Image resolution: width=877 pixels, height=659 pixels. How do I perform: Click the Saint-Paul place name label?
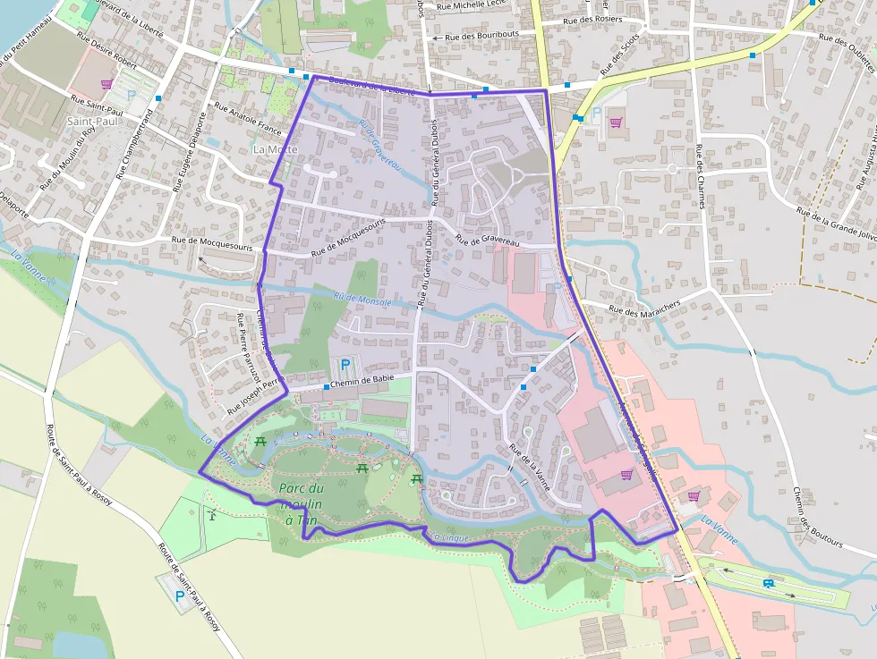[93, 120]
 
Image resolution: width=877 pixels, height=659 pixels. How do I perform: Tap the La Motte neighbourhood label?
[275, 149]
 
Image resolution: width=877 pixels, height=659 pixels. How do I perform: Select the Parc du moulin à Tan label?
[301, 503]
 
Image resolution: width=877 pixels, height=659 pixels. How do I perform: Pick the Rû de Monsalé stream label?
[362, 300]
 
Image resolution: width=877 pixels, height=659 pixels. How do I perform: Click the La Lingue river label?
[448, 537]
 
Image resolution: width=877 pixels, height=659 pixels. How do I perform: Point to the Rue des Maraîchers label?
[644, 306]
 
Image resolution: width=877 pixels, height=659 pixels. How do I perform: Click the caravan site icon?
[769, 583]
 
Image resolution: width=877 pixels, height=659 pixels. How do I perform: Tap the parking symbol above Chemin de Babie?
[345, 365]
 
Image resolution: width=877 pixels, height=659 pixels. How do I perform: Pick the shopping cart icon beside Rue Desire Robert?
[106, 84]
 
